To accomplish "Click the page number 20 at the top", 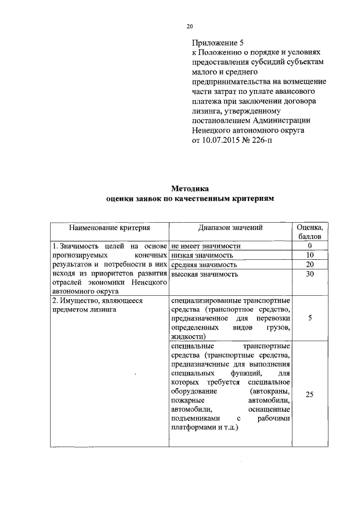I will tap(190, 26).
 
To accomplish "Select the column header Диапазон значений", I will tap(230, 228).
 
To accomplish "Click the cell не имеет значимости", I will tap(206, 246).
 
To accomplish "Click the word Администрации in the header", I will tap(280, 120).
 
